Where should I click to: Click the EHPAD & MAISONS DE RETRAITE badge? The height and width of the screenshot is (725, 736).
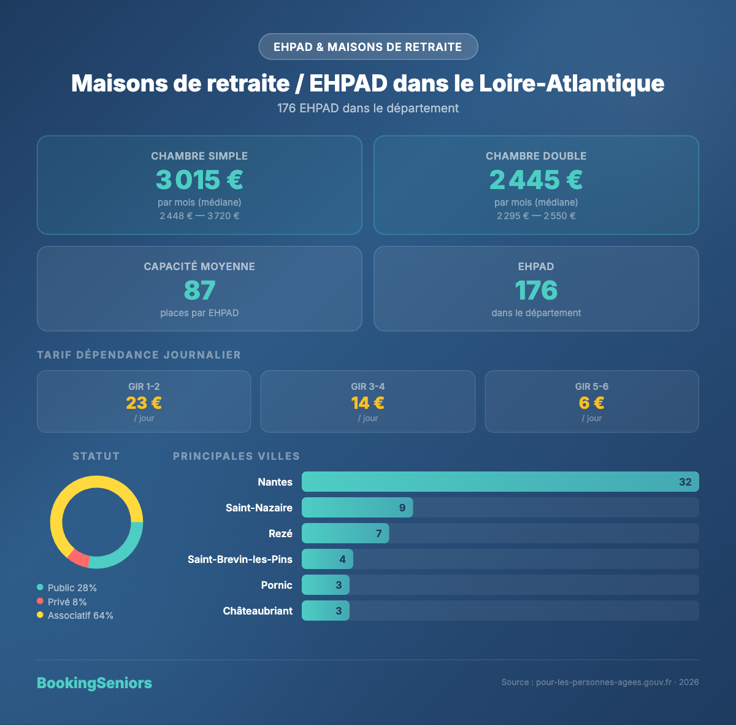point(368,47)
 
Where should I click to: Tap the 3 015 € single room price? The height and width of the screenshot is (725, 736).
point(199,180)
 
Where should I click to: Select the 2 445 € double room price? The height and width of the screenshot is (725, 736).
point(536,180)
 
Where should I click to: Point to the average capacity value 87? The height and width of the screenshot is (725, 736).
point(199,290)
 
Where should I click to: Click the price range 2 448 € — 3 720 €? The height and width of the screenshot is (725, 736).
point(199,216)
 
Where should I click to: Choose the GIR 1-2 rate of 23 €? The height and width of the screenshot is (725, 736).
point(144,403)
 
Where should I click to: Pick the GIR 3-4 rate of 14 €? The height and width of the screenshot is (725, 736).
point(368,403)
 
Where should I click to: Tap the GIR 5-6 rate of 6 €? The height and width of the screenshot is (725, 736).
point(592,403)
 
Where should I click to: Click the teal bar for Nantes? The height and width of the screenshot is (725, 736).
point(491,482)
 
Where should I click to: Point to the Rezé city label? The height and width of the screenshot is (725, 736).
point(280,533)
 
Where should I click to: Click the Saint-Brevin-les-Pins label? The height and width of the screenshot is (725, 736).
point(240,559)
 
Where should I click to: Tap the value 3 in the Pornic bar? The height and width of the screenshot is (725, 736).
point(339,585)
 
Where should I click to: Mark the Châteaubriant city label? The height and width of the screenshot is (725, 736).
point(258,611)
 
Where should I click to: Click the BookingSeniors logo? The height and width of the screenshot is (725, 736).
point(94,683)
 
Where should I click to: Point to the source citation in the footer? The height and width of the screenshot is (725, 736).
point(600,682)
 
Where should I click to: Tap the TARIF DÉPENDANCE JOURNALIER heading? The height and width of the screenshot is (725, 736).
point(139,355)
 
